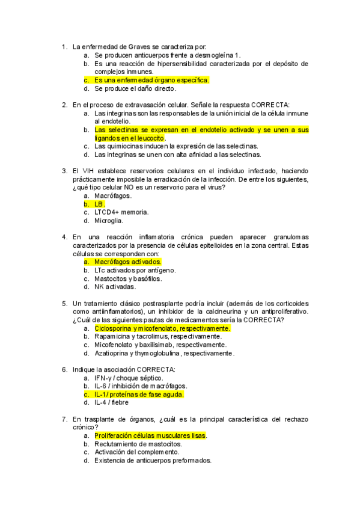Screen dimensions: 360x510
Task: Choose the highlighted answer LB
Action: (x=100, y=204)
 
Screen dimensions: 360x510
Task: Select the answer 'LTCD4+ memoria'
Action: (x=121, y=212)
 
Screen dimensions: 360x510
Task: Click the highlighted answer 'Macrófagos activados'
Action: (x=127, y=262)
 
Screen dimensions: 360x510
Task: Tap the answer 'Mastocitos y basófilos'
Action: (x=128, y=278)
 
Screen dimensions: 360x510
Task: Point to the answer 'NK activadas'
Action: (x=115, y=287)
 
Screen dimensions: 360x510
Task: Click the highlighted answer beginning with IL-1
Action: (x=139, y=395)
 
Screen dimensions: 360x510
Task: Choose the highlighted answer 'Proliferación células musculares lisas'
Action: (x=150, y=435)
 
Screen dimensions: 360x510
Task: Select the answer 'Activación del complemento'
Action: (x=136, y=452)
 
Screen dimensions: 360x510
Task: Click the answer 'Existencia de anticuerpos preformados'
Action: (x=153, y=460)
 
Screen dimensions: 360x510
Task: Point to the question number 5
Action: (x=64, y=304)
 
